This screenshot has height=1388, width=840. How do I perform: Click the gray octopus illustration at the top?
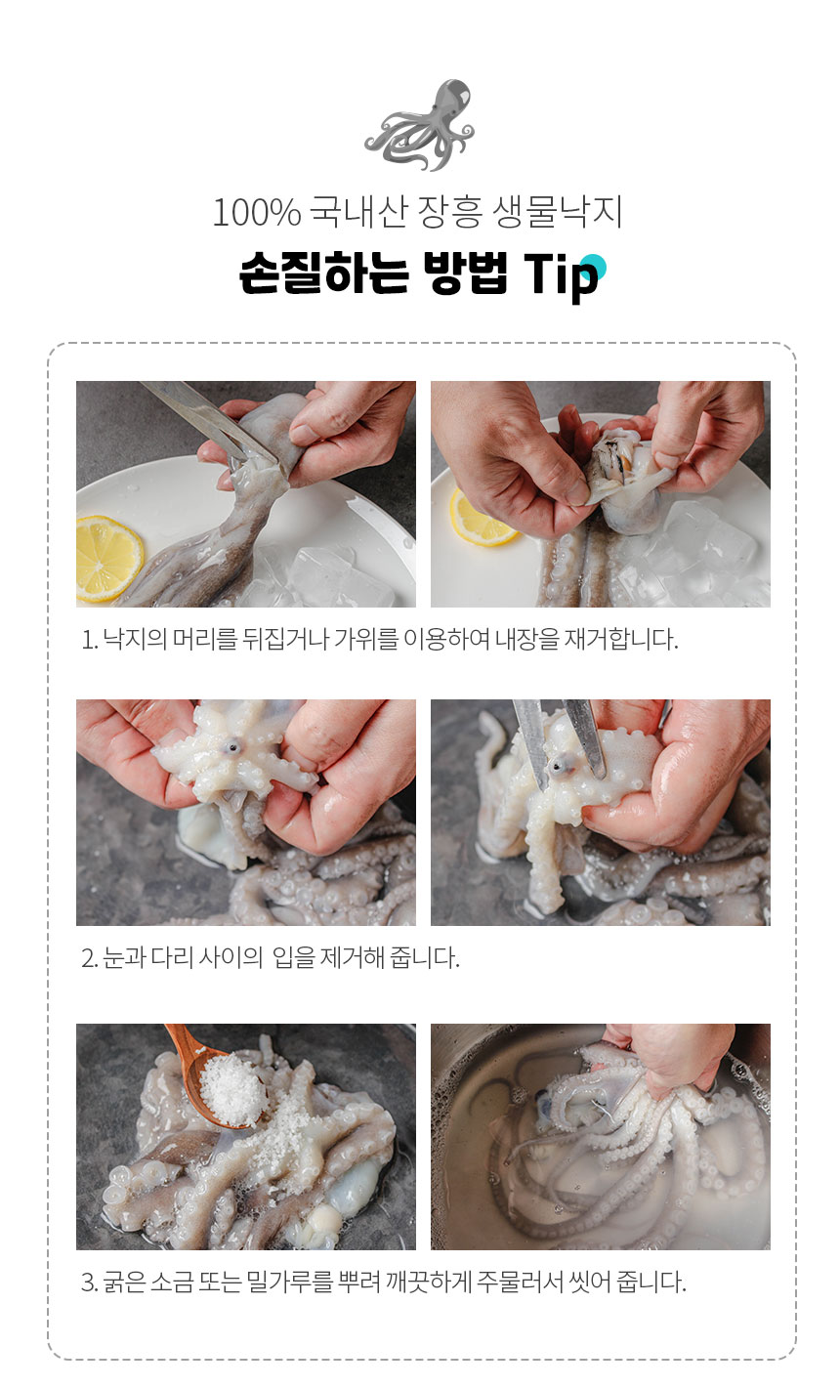pos(419,126)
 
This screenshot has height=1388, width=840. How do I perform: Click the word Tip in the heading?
pos(562,274)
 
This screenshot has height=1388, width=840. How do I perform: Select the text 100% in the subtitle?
pos(257,212)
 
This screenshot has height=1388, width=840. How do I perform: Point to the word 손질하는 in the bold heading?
pos(324,273)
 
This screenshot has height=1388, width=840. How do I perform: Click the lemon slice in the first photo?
pos(109,559)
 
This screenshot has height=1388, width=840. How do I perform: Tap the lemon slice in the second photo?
pos(481,518)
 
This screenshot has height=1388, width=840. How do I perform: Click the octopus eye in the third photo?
pos(232,747)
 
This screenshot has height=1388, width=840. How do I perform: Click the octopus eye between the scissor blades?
pos(560,767)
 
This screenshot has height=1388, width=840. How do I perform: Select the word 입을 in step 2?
pos(294,957)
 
